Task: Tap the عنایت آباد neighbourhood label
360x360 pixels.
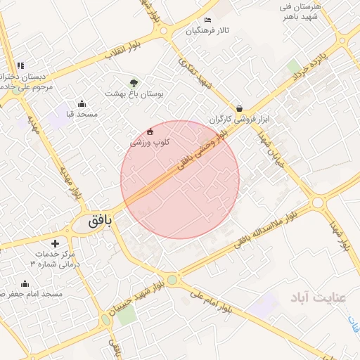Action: [317, 298]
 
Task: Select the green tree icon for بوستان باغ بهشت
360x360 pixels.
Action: [134, 82]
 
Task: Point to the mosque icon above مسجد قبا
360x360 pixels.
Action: [82, 103]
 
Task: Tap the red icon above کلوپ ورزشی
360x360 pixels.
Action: [150, 131]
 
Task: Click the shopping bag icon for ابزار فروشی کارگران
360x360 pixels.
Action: [240, 108]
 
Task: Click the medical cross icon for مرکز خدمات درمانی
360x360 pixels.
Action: [56, 243]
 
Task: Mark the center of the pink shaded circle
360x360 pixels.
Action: [180, 179]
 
